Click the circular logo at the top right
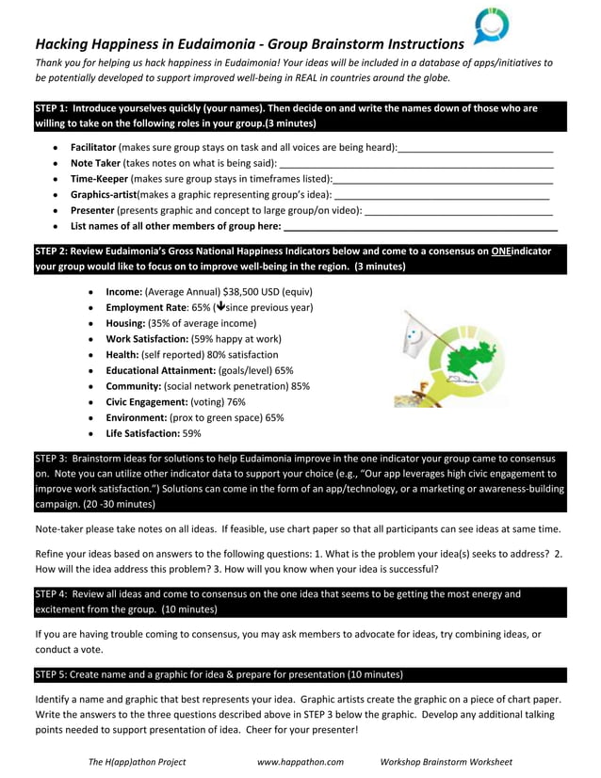point(491,25)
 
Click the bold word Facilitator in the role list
point(93,148)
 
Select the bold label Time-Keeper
point(99,178)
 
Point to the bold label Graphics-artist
point(104,194)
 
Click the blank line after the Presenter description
point(458,210)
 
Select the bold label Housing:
point(125,323)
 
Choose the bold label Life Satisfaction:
point(142,433)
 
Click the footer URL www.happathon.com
point(300,761)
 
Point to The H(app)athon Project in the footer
point(137,761)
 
